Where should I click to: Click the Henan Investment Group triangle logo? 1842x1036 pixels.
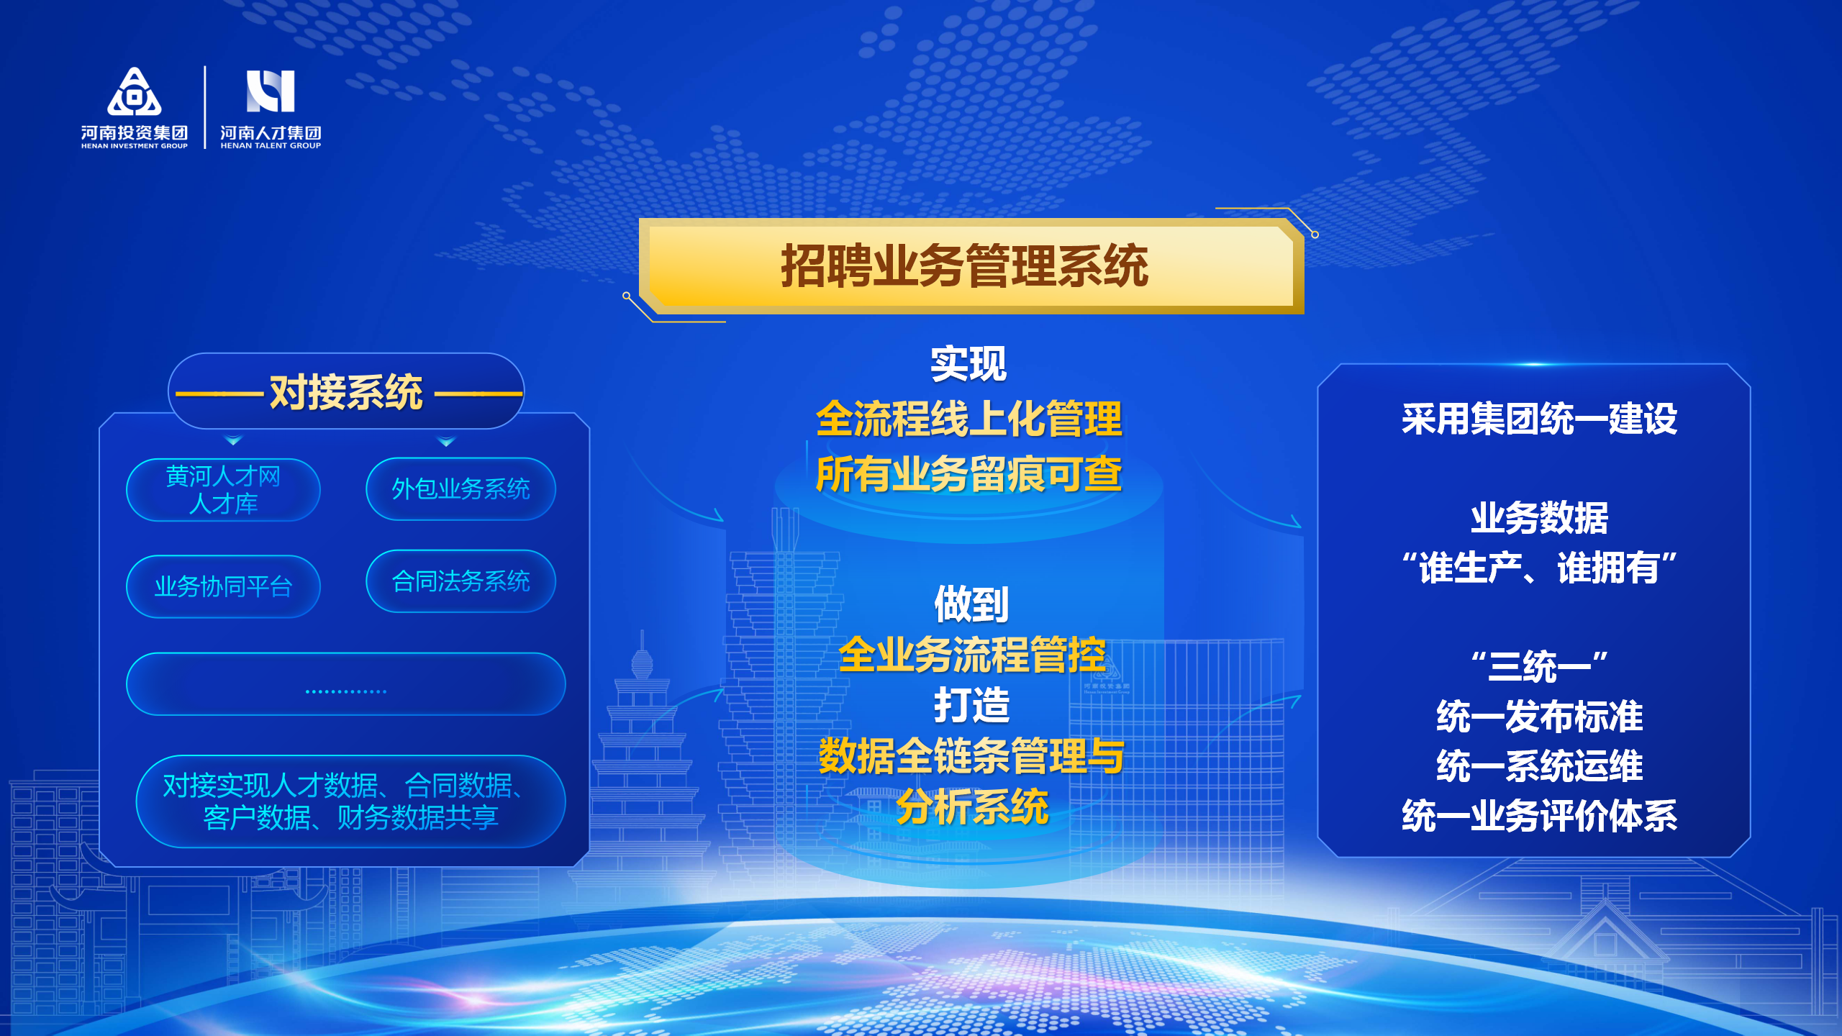pos(135,91)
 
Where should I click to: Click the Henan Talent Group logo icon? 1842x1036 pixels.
pos(271,91)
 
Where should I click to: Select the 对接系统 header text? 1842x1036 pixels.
pos(346,392)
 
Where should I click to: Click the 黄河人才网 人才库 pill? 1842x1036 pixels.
pos(223,490)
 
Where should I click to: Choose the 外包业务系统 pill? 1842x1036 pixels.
pos(460,489)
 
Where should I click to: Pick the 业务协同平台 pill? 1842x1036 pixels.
pos(223,586)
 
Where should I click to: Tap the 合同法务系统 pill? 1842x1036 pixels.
pos(460,581)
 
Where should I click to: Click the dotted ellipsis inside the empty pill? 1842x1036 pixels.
pos(346,691)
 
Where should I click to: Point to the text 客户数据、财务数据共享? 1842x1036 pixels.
pos(350,817)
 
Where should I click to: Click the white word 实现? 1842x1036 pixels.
pos(968,364)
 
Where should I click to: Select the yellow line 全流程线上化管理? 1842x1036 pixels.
pos(968,419)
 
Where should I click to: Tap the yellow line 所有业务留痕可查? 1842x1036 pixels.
pos(968,475)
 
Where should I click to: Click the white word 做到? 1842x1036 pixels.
pos(971,604)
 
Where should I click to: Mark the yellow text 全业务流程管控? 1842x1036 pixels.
pos(971,655)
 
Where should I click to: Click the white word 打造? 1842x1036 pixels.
pos(971,705)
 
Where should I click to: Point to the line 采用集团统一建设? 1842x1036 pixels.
pos(1539,419)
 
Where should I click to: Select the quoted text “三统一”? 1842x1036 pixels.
pos(1539,666)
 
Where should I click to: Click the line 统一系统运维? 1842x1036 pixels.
pos(1539,765)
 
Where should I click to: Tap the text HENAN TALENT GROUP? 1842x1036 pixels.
pos(271,146)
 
